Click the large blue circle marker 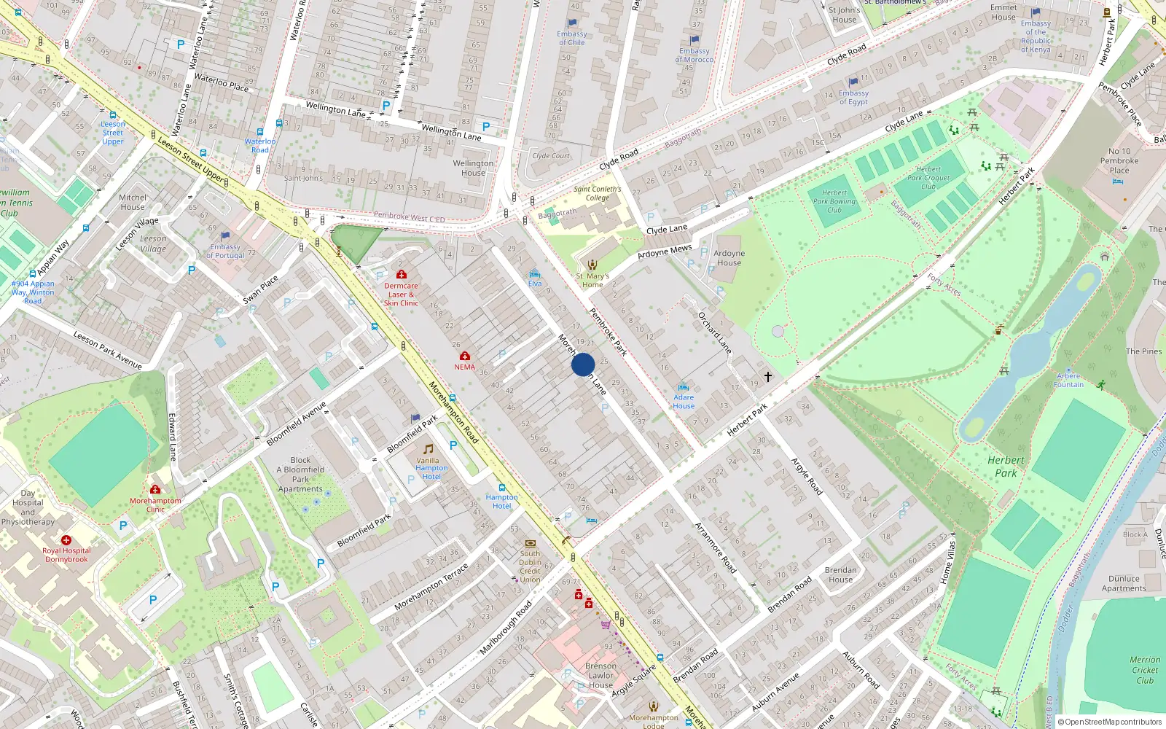pyautogui.click(x=583, y=364)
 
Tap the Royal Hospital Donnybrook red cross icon pyautogui.click(x=66, y=540)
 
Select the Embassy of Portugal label pyautogui.click(x=225, y=252)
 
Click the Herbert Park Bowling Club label pyautogui.click(x=834, y=202)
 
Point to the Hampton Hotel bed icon pyautogui.click(x=502, y=487)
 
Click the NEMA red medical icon pyautogui.click(x=464, y=356)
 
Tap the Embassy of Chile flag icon pyautogui.click(x=572, y=23)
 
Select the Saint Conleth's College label pyautogui.click(x=598, y=193)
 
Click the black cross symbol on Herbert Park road pyautogui.click(x=768, y=377)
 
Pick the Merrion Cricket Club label pyautogui.click(x=1145, y=670)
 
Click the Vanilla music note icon pyautogui.click(x=429, y=449)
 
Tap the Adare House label pyautogui.click(x=684, y=402)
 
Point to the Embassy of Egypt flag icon pyautogui.click(x=853, y=82)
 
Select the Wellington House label pyautogui.click(x=473, y=168)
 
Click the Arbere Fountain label pyautogui.click(x=1068, y=381)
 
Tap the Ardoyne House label pyautogui.click(x=729, y=258)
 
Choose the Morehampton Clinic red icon pyautogui.click(x=155, y=489)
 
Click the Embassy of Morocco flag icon pyautogui.click(x=694, y=40)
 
